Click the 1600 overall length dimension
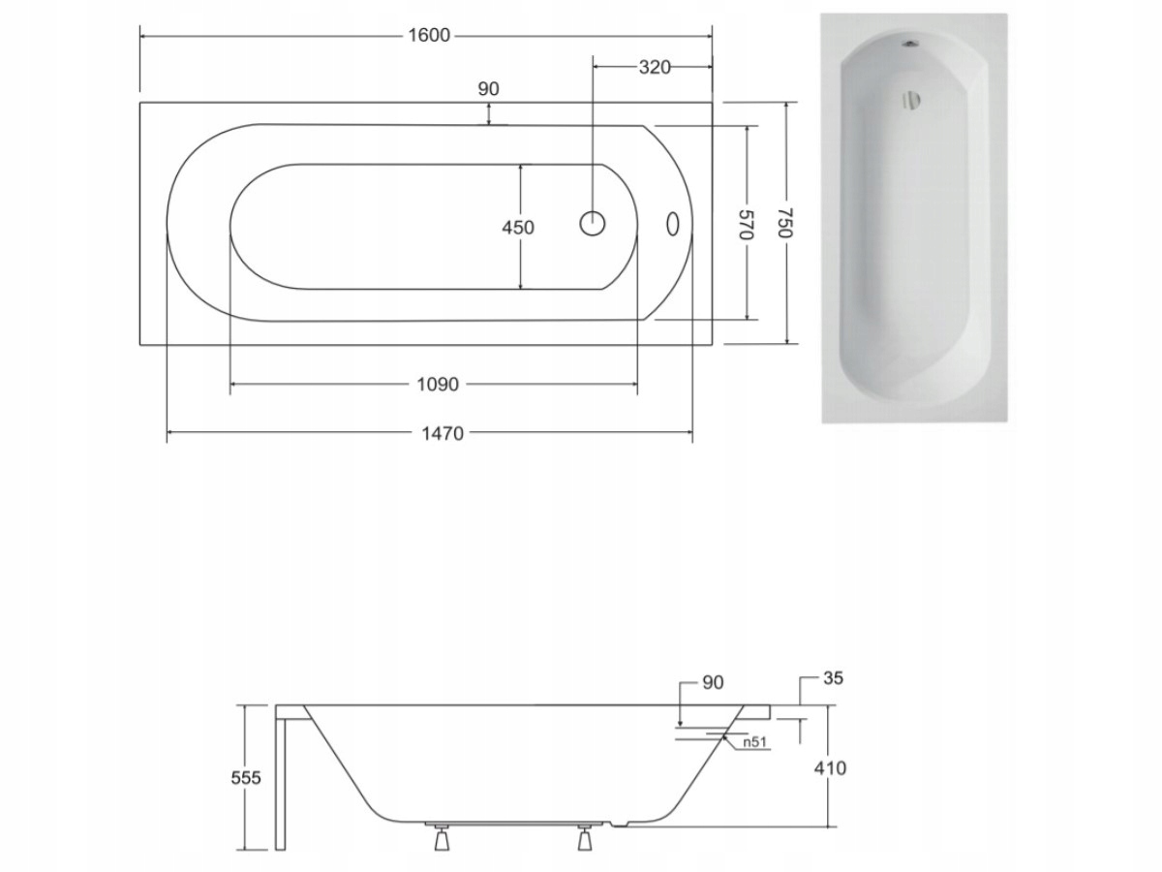(x=429, y=36)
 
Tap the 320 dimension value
(x=655, y=67)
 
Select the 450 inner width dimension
(x=518, y=228)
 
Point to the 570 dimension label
(x=746, y=224)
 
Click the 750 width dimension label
(x=785, y=223)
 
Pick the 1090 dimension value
(x=438, y=385)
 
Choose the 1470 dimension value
(x=443, y=434)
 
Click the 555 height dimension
(x=246, y=778)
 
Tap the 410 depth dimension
(x=830, y=767)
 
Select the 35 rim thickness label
(x=834, y=678)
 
